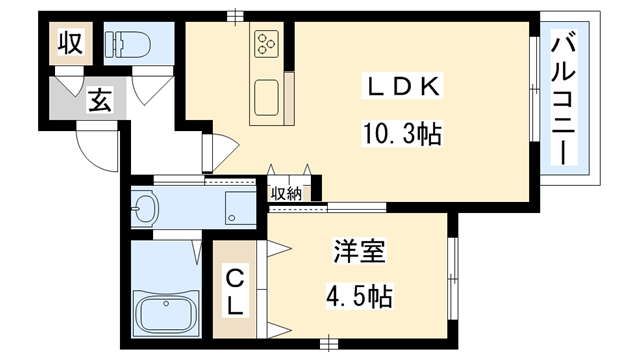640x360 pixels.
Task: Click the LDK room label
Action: pos(403,87)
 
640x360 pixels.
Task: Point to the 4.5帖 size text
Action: pos(356,297)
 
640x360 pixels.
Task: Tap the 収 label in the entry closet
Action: pos(69,44)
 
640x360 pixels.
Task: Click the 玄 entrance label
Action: pos(100,100)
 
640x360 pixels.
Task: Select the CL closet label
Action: pos(233,290)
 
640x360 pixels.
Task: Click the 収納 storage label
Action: pos(285,193)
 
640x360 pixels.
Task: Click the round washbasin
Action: pos(146,210)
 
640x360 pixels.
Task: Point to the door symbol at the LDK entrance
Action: pos(217,151)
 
